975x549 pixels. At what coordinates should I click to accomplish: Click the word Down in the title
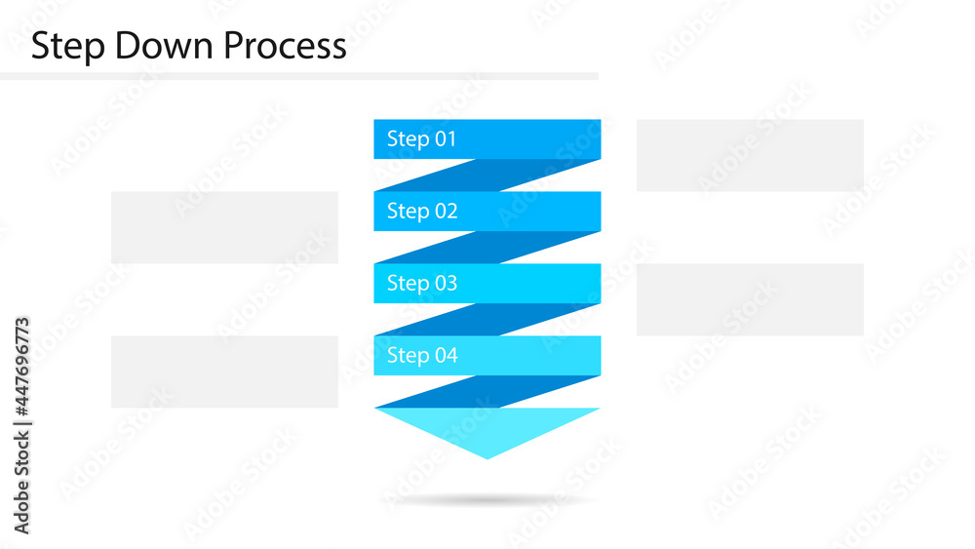[158, 46]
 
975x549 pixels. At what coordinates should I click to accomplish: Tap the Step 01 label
[421, 138]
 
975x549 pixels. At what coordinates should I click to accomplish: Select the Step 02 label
[421, 211]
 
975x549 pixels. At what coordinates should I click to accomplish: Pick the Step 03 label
[421, 283]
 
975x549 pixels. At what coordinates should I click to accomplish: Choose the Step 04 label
[421, 355]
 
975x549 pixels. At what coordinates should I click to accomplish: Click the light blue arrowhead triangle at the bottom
[487, 427]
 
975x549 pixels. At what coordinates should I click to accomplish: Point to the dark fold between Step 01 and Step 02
[487, 176]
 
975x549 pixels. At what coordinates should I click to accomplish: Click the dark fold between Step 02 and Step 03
[487, 248]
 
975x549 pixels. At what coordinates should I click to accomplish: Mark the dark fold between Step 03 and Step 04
[487, 320]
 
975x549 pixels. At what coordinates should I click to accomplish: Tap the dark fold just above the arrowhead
[487, 392]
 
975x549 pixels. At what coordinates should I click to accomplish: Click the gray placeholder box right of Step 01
[750, 155]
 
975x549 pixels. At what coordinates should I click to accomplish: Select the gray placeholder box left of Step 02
[224, 227]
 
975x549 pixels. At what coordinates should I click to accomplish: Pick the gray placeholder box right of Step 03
[750, 299]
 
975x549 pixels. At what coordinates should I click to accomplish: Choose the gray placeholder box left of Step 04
[224, 372]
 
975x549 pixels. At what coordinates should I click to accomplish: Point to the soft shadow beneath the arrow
[487, 500]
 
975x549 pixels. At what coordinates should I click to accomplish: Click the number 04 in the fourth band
[446, 355]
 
